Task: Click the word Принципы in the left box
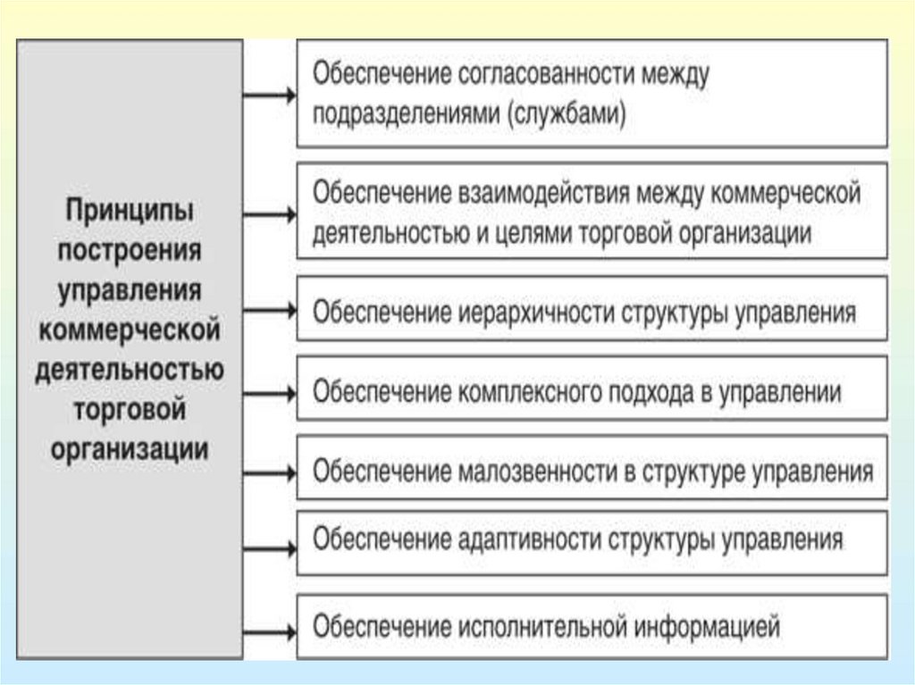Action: (130, 213)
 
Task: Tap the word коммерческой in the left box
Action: (130, 330)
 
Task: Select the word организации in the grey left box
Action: (130, 447)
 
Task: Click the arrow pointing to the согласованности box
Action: (269, 95)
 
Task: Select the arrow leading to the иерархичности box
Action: (269, 310)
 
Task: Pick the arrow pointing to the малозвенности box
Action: (269, 471)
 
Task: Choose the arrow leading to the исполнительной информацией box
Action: (269, 631)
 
